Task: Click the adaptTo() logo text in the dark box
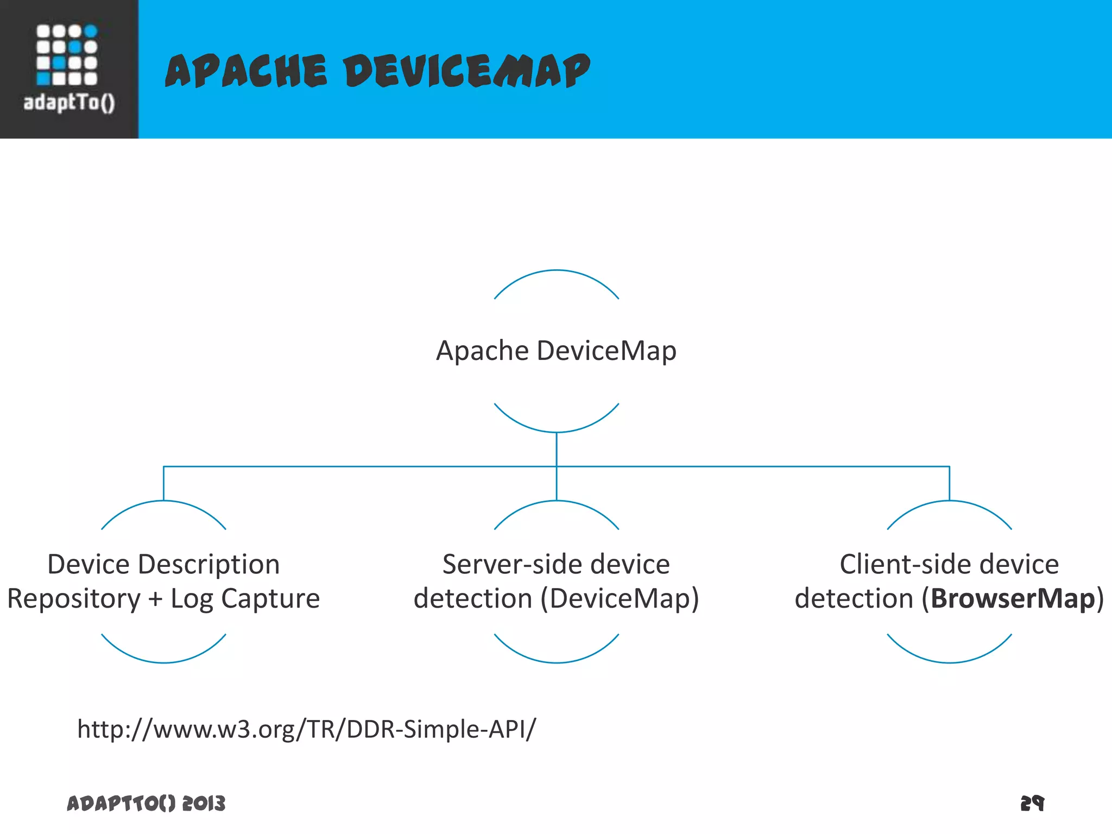point(69,102)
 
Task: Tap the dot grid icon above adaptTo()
point(67,55)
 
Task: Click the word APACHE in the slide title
point(246,71)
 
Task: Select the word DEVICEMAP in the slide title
point(467,71)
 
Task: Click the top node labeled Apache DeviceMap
point(556,351)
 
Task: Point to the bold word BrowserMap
point(1013,599)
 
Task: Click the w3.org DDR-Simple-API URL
point(306,729)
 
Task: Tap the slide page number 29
point(1032,803)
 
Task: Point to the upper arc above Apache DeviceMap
point(556,271)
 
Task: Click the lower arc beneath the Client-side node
point(949,661)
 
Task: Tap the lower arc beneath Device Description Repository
point(163,661)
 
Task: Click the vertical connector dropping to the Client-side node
point(949,483)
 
